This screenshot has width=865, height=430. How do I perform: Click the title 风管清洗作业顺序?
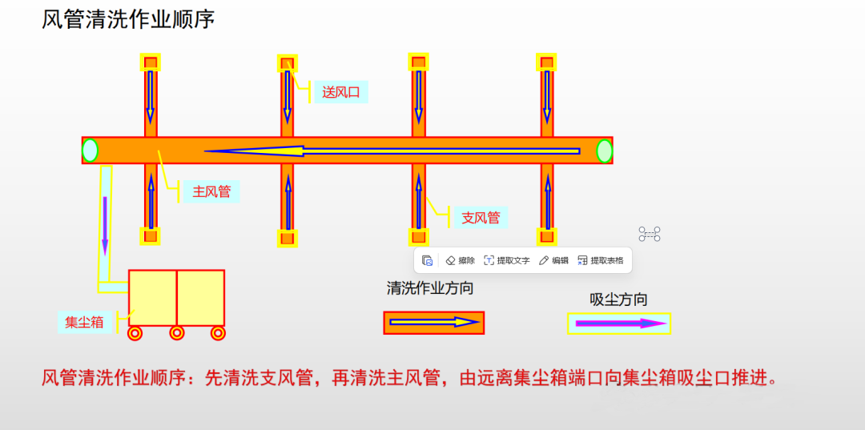pyautogui.click(x=128, y=19)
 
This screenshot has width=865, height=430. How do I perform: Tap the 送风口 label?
pyautogui.click(x=340, y=92)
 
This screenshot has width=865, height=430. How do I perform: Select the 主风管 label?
pyautogui.click(x=211, y=191)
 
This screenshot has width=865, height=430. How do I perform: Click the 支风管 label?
pyautogui.click(x=481, y=217)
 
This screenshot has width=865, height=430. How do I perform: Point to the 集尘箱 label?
pyautogui.click(x=84, y=323)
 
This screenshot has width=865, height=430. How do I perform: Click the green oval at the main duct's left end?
pyautogui.click(x=91, y=151)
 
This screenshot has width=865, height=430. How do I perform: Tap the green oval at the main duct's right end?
pyautogui.click(x=605, y=151)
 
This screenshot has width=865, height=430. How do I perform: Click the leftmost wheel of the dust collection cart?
pyautogui.click(x=135, y=332)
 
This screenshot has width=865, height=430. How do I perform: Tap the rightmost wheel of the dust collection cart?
pyautogui.click(x=217, y=332)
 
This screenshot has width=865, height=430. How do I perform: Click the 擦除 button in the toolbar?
pyautogui.click(x=461, y=260)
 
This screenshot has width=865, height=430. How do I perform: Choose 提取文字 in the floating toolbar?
pyautogui.click(x=507, y=260)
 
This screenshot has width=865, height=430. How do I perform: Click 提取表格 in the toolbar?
pyautogui.click(x=600, y=260)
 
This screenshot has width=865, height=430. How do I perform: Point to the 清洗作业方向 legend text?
pyautogui.click(x=430, y=288)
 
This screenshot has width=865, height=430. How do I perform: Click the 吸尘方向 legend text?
pyautogui.click(x=618, y=299)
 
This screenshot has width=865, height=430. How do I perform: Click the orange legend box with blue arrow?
pyautogui.click(x=434, y=322)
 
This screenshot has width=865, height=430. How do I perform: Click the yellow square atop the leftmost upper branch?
pyautogui.click(x=151, y=62)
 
